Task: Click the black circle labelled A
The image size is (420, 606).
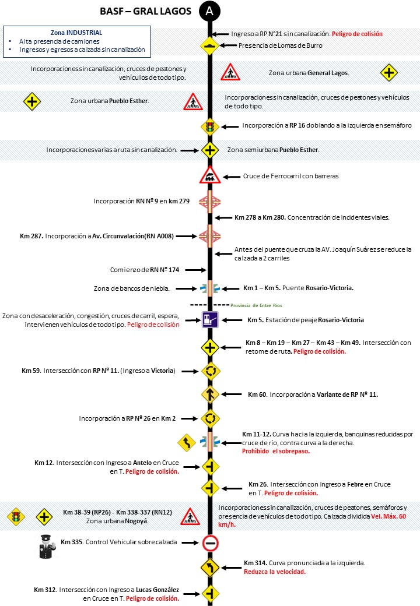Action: tap(209, 11)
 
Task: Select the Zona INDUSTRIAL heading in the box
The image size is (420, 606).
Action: tap(76, 33)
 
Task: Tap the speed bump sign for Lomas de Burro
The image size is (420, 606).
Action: tap(209, 45)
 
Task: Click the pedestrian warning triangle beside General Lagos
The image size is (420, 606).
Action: tap(230, 73)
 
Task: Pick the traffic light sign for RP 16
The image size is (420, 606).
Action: tap(209, 126)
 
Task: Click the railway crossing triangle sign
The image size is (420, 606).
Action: tap(209, 175)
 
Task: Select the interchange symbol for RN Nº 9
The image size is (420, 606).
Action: tap(209, 202)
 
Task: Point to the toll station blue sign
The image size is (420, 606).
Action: tap(209, 319)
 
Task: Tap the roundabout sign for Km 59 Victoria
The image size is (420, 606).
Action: tap(209, 371)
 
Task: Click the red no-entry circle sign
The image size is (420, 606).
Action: tap(210, 543)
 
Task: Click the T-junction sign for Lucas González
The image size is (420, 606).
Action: tap(210, 593)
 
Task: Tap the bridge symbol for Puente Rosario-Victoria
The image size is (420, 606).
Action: tap(209, 288)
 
